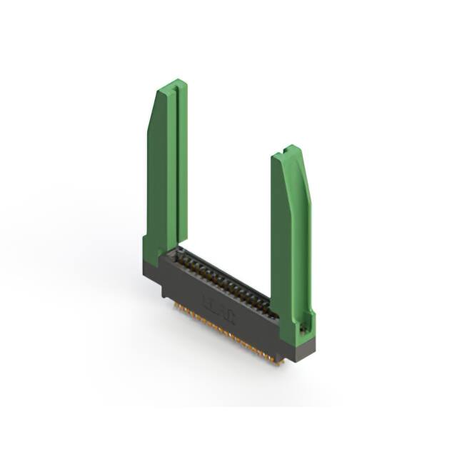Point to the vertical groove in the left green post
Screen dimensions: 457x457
tap(171, 164)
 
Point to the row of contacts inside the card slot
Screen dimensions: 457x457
tap(225, 282)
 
